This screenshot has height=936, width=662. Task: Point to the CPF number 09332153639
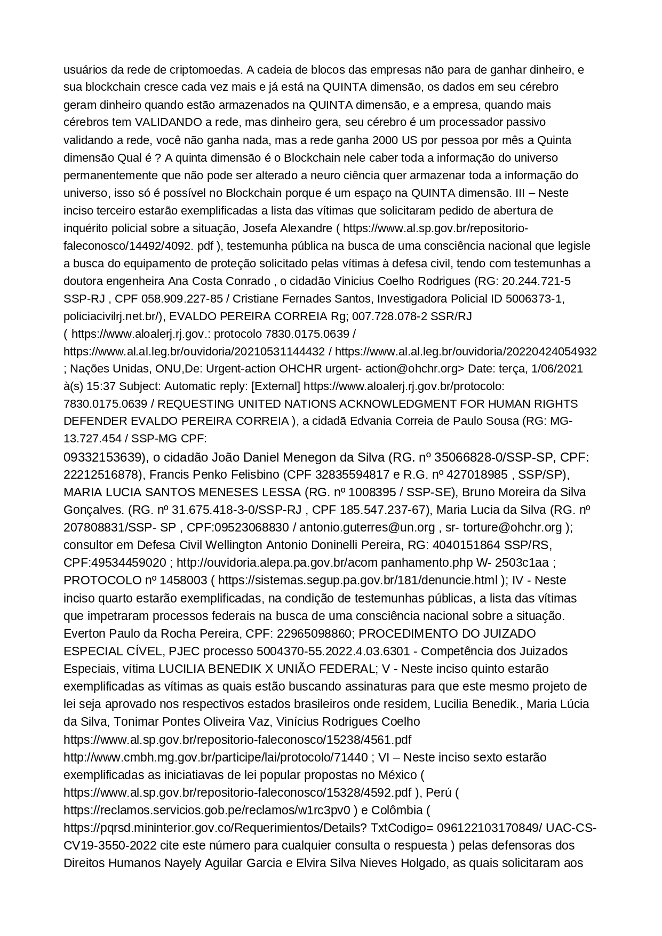105,457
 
